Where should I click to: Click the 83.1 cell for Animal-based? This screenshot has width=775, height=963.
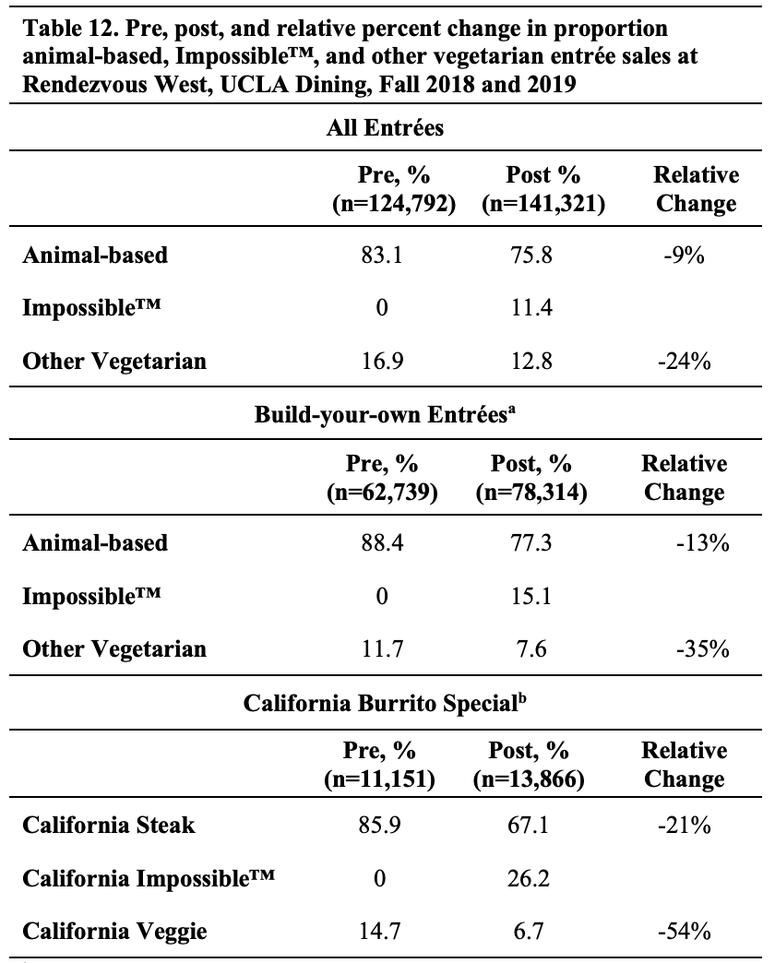click(x=381, y=256)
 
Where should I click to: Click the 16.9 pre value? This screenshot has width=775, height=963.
click(x=381, y=362)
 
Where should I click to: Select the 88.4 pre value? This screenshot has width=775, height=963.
click(x=381, y=543)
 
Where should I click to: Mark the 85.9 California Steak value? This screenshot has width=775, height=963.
click(x=381, y=825)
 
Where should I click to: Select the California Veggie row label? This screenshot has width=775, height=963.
click(x=114, y=932)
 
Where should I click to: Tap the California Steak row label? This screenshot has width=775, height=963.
click(x=109, y=825)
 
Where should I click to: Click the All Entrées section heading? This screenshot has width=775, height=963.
click(x=386, y=128)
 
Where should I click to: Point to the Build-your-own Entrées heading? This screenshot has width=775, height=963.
click(x=386, y=416)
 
